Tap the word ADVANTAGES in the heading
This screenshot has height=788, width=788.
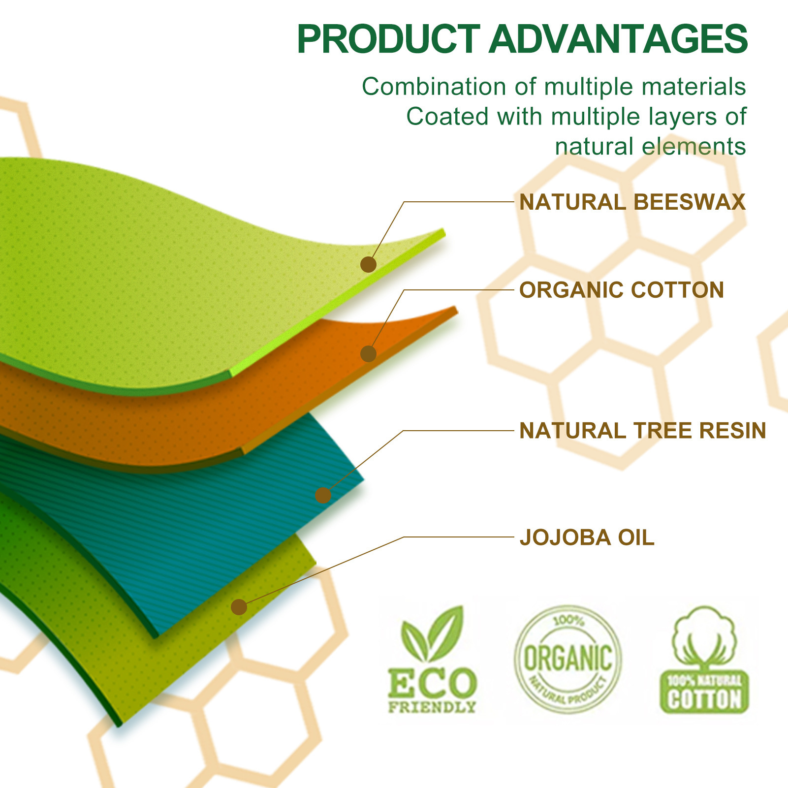click(618, 39)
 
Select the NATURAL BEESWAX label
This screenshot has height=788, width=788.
click(632, 202)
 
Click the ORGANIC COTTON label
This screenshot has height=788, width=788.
click(622, 290)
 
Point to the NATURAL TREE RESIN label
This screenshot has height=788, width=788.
click(643, 431)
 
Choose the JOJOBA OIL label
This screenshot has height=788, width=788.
click(587, 537)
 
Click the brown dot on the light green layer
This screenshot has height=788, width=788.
click(368, 264)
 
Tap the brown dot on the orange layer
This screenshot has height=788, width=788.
click(368, 353)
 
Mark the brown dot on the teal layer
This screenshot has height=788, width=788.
click(323, 495)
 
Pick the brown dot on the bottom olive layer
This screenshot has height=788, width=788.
click(239, 607)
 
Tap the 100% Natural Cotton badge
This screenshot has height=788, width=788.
click(704, 660)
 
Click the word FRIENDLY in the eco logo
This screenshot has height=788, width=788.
click(432, 707)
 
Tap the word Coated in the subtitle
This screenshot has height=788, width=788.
click(447, 117)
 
